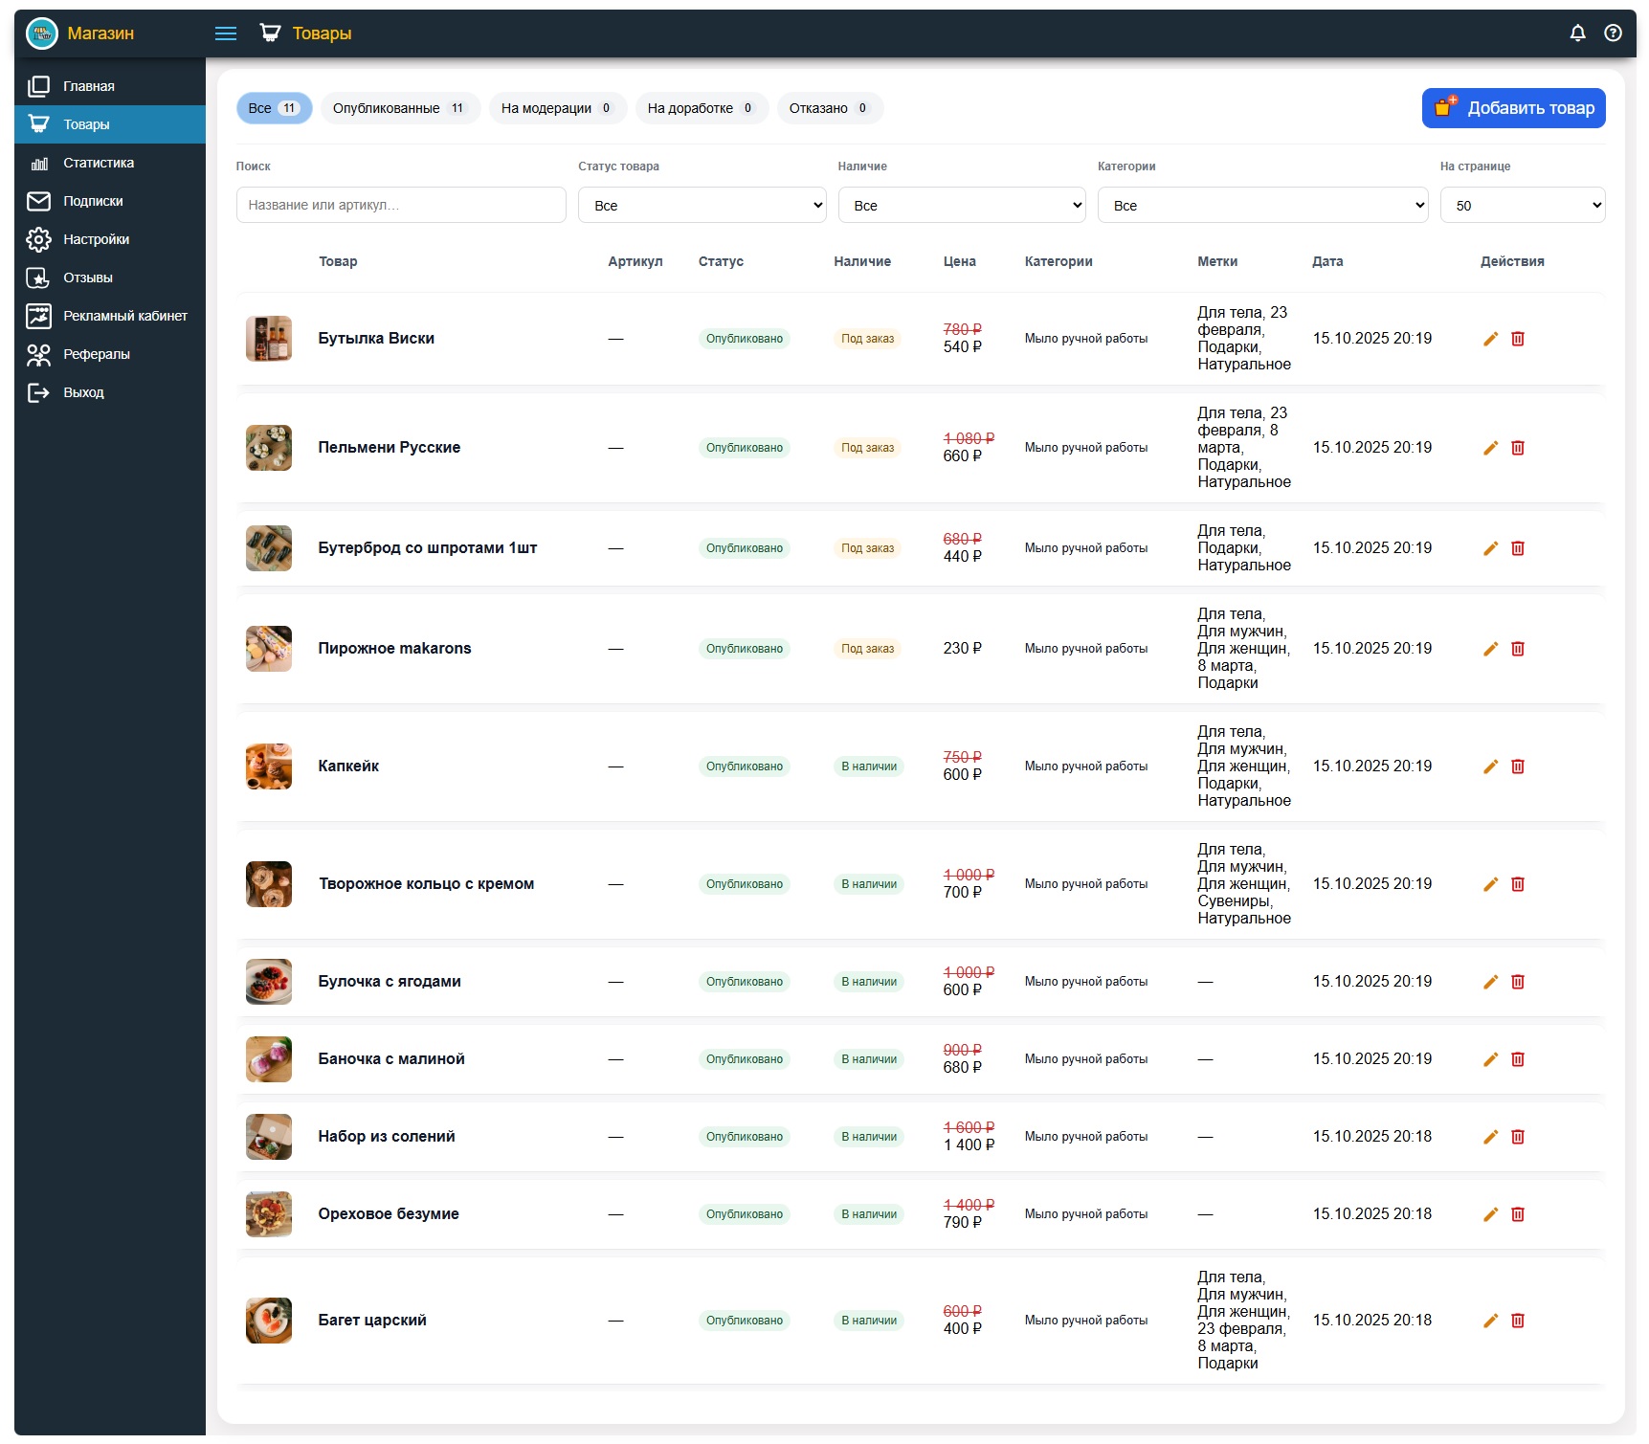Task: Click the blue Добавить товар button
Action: tap(1513, 108)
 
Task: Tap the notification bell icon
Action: tap(1578, 33)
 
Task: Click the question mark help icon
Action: tap(1614, 33)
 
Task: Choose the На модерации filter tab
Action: tap(558, 108)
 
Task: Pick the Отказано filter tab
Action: tap(830, 108)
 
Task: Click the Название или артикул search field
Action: tap(401, 205)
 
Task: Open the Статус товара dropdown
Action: tap(702, 205)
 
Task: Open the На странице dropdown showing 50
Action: tap(1523, 205)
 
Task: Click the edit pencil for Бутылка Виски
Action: tap(1490, 339)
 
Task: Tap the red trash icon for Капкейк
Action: tap(1518, 766)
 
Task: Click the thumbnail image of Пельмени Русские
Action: tap(269, 448)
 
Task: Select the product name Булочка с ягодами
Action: tap(390, 982)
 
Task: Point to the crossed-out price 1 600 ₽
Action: tap(969, 1127)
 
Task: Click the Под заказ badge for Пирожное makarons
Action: tap(867, 649)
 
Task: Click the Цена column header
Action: tap(959, 261)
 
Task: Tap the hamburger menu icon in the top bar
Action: tap(226, 33)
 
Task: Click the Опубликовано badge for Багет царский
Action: tap(745, 1321)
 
